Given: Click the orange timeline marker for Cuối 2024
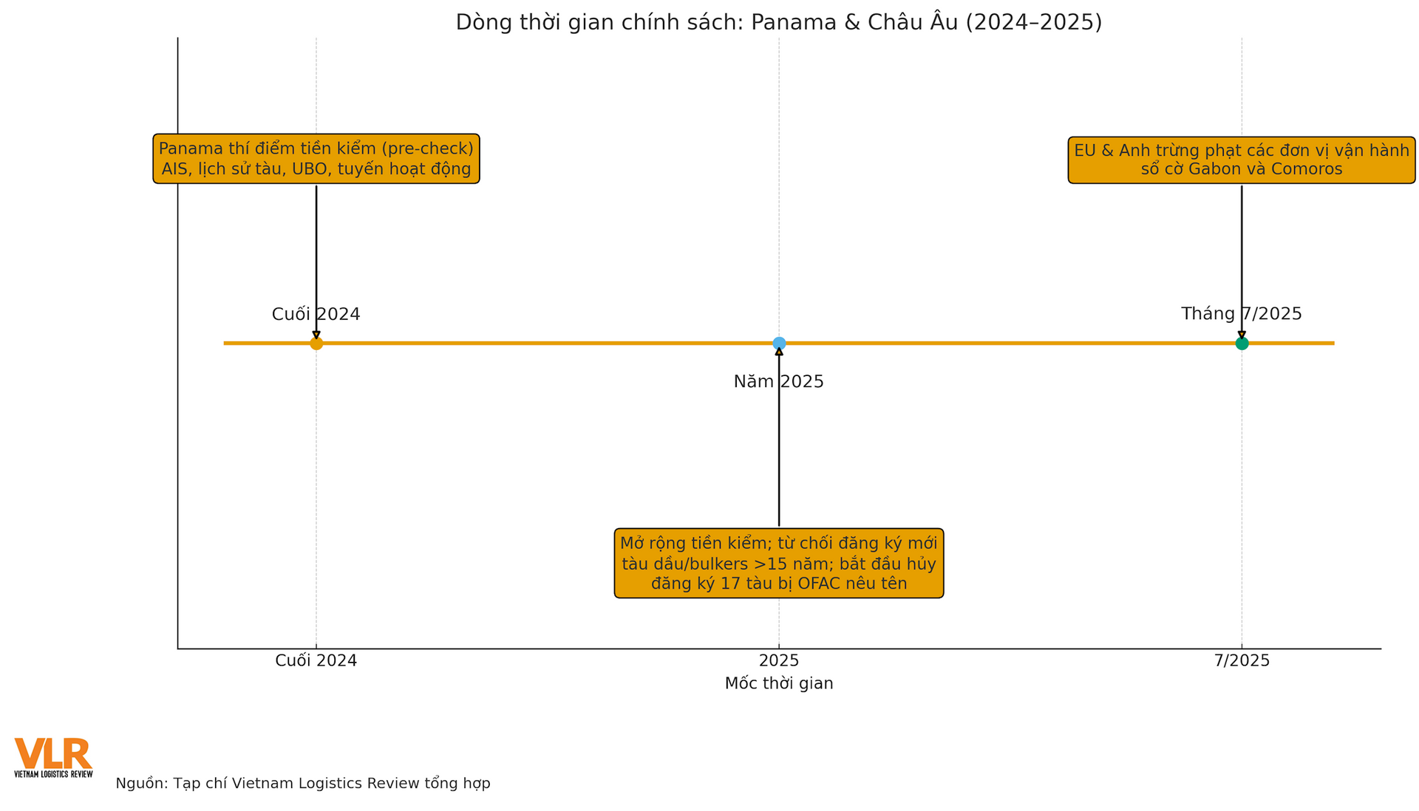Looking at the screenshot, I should coord(316,343).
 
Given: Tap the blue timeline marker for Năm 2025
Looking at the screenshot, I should coord(779,343).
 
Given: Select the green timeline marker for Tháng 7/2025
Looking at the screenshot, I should coord(1242,343).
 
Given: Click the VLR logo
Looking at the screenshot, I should coord(53,756).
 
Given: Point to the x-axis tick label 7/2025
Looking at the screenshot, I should coord(1242,661).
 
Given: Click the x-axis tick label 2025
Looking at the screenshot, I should coord(779,661).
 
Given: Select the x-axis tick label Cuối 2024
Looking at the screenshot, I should coord(316,661).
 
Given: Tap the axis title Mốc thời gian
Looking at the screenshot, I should coord(779,684).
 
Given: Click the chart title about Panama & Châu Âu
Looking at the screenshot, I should coord(779,22).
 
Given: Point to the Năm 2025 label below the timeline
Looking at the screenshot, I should coord(779,382).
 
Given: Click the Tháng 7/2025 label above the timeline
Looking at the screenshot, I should coord(1242,314).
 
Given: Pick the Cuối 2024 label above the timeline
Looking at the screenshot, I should coord(316,315).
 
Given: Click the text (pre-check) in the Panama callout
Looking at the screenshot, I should coord(429,149).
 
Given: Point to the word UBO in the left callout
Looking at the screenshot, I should coord(312,169).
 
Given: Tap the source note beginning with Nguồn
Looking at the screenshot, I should coord(303,784).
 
